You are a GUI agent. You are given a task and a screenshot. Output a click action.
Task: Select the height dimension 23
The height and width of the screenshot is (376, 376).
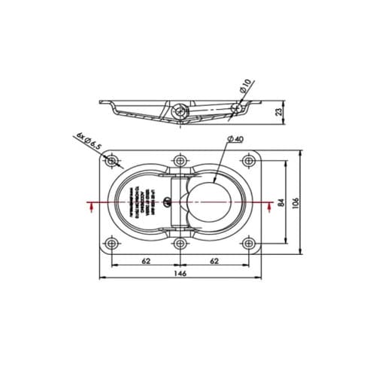pos(280,112)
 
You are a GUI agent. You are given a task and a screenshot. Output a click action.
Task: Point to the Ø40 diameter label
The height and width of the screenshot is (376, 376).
pos(234,141)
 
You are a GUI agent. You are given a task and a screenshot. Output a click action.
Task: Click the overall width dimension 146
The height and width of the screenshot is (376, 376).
pos(180,274)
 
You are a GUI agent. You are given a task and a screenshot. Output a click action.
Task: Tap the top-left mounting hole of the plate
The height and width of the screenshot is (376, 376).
pos(111,162)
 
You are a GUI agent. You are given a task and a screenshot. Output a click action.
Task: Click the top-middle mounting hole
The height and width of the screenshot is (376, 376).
pos(180,162)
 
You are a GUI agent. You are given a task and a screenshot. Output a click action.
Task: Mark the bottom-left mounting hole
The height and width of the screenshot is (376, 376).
pos(111,244)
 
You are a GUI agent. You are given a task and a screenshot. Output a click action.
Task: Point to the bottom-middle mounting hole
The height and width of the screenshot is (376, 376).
pos(180,244)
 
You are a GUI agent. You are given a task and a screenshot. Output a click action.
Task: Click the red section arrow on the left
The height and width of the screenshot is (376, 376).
pos(91,206)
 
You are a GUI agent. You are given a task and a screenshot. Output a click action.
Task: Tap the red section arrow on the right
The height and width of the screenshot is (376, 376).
pos(269,206)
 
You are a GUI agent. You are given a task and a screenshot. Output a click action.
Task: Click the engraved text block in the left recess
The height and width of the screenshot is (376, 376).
pos(143,203)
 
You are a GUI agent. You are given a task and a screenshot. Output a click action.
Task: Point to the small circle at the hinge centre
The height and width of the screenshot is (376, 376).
pos(174,200)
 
